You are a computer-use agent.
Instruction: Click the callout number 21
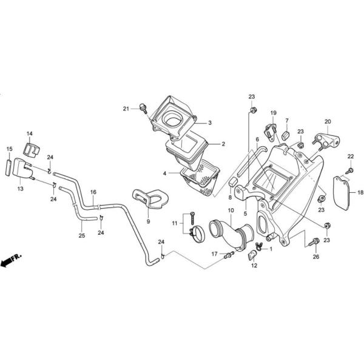(126, 109)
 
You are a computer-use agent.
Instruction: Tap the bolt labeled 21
(143, 108)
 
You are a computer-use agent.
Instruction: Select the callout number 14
(30, 133)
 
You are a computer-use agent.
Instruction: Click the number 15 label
(9, 149)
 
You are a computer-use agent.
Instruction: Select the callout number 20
(328, 121)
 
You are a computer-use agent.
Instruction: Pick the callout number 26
(315, 257)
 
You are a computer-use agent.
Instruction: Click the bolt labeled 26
(315, 242)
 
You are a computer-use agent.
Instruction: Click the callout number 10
(231, 211)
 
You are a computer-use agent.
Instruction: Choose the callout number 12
(254, 265)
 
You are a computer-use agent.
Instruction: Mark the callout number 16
(93, 192)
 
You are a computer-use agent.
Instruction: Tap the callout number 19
(273, 113)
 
